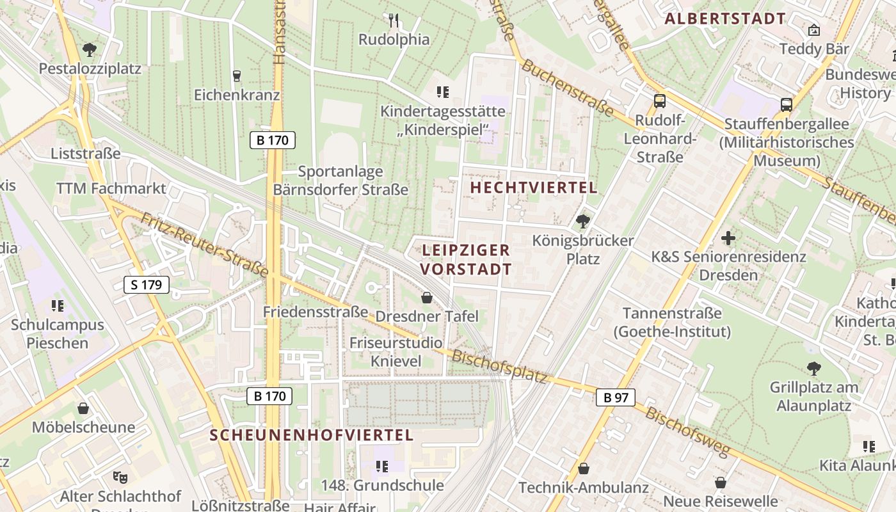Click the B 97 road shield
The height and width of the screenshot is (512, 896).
pyautogui.click(x=616, y=397)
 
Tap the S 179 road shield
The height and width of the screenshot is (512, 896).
pyautogui.click(x=147, y=285)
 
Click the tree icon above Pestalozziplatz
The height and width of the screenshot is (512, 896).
pyautogui.click(x=90, y=49)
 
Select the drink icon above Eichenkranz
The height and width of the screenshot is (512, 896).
pyautogui.click(x=237, y=76)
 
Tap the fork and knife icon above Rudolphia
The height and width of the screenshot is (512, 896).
pyautogui.click(x=394, y=20)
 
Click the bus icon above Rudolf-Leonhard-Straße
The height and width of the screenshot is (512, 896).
pyautogui.click(x=659, y=101)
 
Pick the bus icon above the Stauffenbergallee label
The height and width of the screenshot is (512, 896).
pyautogui.click(x=787, y=105)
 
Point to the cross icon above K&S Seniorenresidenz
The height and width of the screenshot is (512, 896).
pyautogui.click(x=728, y=238)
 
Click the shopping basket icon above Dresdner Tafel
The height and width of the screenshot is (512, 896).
pyautogui.click(x=427, y=298)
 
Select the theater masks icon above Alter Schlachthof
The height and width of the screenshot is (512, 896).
pyautogui.click(x=118, y=476)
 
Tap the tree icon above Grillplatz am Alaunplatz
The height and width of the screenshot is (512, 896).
pyautogui.click(x=813, y=368)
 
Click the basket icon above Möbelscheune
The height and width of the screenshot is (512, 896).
pyautogui.click(x=83, y=408)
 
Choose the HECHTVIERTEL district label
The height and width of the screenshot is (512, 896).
pyautogui.click(x=534, y=188)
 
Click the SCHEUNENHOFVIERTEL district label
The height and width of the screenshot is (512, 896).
pyautogui.click(x=312, y=435)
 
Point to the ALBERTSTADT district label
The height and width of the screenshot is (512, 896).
pyautogui.click(x=724, y=19)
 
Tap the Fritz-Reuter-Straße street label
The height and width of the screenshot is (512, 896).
pyautogui.click(x=204, y=246)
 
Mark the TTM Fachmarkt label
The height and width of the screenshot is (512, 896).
pyautogui.click(x=111, y=188)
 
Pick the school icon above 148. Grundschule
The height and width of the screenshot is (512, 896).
pyautogui.click(x=382, y=467)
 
